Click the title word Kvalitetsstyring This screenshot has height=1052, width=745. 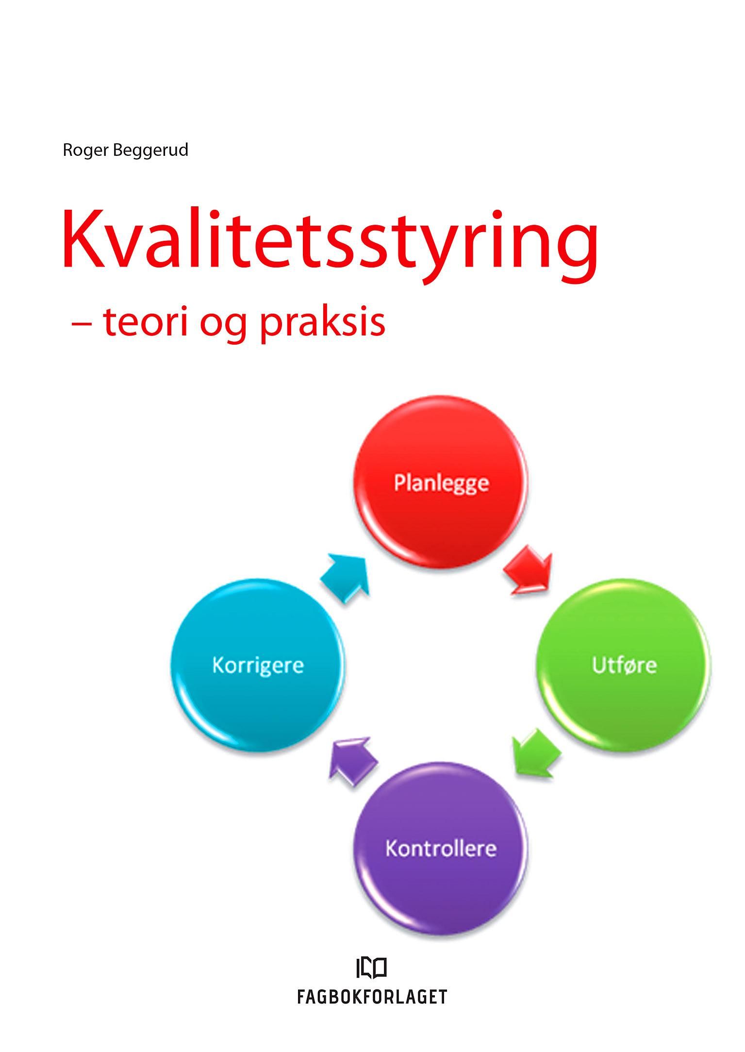[330, 243]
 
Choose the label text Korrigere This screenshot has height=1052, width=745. [258, 665]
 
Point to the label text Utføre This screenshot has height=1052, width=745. [624, 665]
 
